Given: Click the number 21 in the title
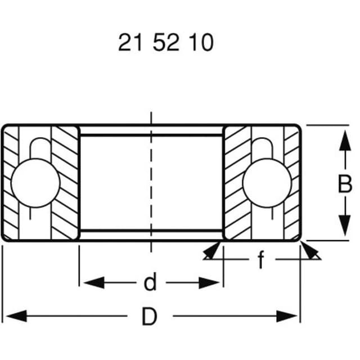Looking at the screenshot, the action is [130, 43].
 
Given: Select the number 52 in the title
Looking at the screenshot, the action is [166, 43].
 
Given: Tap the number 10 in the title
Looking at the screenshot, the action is [201, 43].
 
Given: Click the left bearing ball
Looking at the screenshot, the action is [35, 183].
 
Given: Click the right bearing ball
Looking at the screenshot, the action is [267, 183].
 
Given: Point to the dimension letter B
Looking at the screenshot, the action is [345, 184].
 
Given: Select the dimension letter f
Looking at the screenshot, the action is [261, 259].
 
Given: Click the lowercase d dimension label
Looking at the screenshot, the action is [150, 282].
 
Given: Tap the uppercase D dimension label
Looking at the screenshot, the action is [150, 317].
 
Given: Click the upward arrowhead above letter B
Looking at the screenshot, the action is [345, 141].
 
